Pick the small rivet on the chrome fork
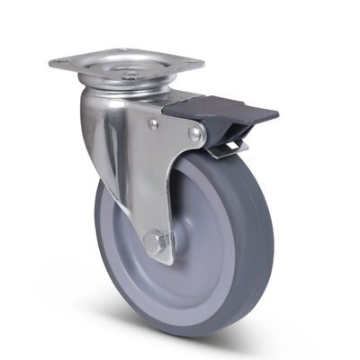click(153, 126)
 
